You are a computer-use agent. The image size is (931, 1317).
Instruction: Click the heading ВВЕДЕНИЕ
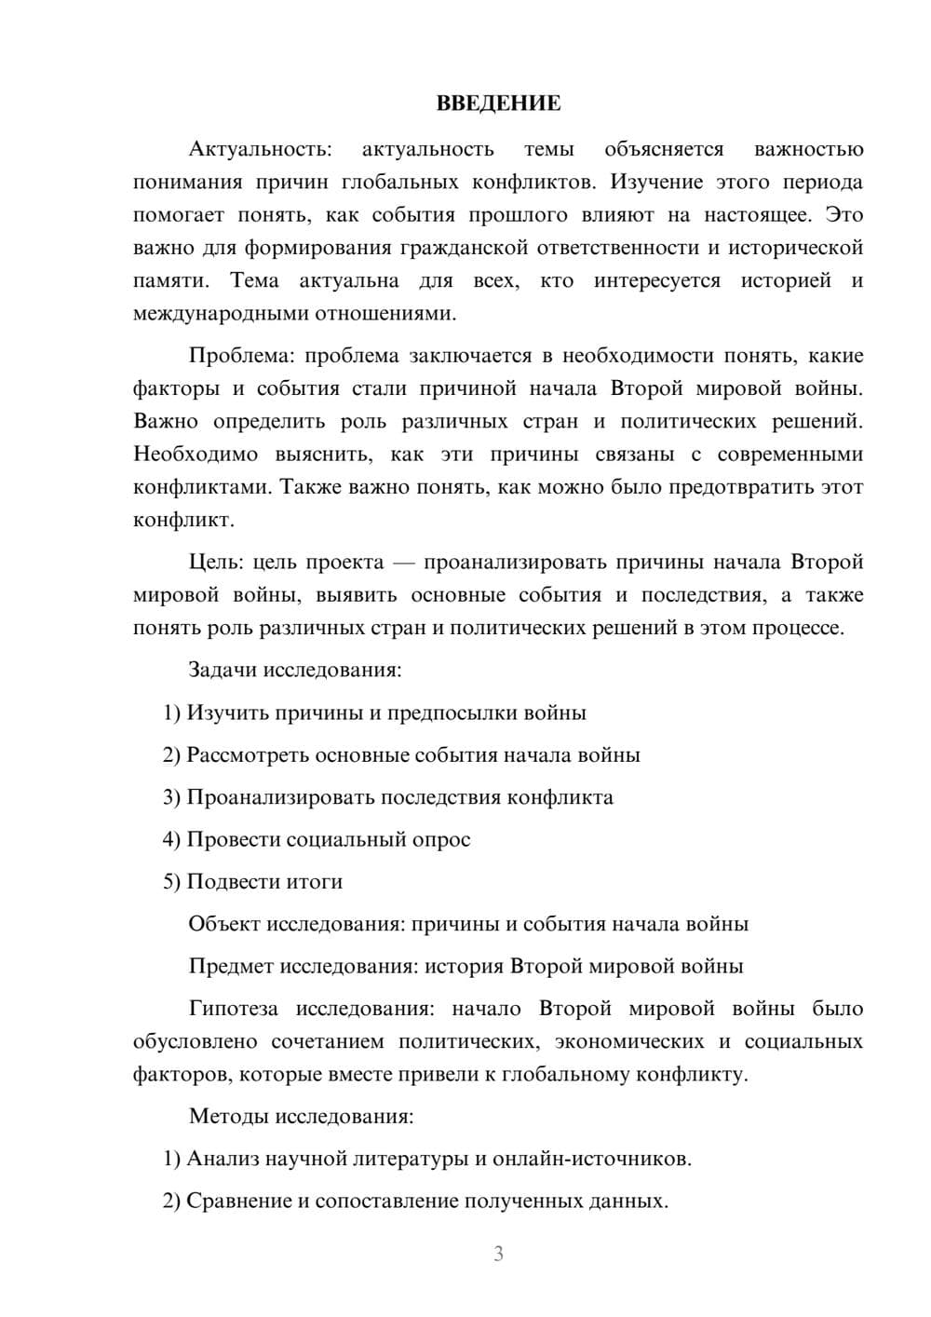[498, 103]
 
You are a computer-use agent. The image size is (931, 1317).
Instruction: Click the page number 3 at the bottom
[498, 1254]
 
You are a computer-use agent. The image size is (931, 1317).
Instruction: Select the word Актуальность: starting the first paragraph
[259, 149]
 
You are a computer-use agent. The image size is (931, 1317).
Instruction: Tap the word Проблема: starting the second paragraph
[242, 356]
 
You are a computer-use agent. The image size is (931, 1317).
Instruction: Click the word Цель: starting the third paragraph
[216, 562]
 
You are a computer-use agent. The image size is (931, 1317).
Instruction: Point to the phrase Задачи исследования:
[295, 670]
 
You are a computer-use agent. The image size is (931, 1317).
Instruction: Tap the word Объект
[224, 924]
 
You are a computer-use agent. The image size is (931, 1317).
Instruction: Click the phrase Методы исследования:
[301, 1116]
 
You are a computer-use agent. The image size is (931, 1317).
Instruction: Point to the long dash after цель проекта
[403, 562]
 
